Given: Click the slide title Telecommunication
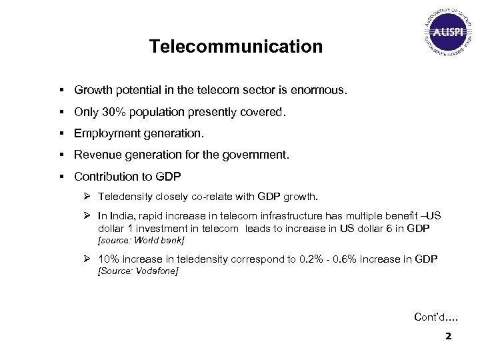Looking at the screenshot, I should (x=235, y=47).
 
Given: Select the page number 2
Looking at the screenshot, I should (x=448, y=336).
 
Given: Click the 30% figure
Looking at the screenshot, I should (x=113, y=113).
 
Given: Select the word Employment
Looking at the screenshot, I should (x=105, y=133).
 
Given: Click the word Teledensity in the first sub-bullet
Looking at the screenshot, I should (x=125, y=197).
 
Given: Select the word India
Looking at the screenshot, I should (x=124, y=216).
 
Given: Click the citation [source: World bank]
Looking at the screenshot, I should (x=141, y=239).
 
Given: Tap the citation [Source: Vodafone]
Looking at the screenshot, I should (x=138, y=271).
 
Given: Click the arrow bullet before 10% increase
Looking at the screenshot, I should (x=87, y=259).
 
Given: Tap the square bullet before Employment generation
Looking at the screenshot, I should (x=61, y=133).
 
